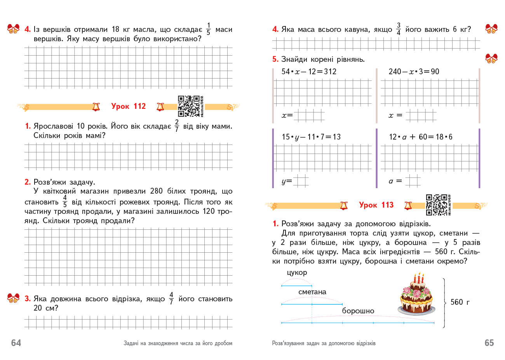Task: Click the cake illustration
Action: point(416,294)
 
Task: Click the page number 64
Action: point(16,343)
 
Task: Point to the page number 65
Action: point(489,343)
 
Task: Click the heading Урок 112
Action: point(128,106)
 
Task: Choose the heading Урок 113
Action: point(376,205)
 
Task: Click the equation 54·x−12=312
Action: point(309,72)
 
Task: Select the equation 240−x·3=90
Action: point(414,72)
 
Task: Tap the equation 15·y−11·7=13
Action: point(311,137)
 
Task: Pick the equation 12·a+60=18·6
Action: point(420,137)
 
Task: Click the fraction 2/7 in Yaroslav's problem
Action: point(177,126)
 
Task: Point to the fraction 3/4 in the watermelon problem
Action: point(398,29)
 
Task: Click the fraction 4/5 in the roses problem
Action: point(65,202)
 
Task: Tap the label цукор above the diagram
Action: point(297,273)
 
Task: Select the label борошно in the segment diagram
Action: point(358,311)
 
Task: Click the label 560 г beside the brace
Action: point(460,302)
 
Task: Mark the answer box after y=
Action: point(301,181)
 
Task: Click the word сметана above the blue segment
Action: point(312,292)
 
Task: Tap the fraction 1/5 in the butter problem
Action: point(208,29)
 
